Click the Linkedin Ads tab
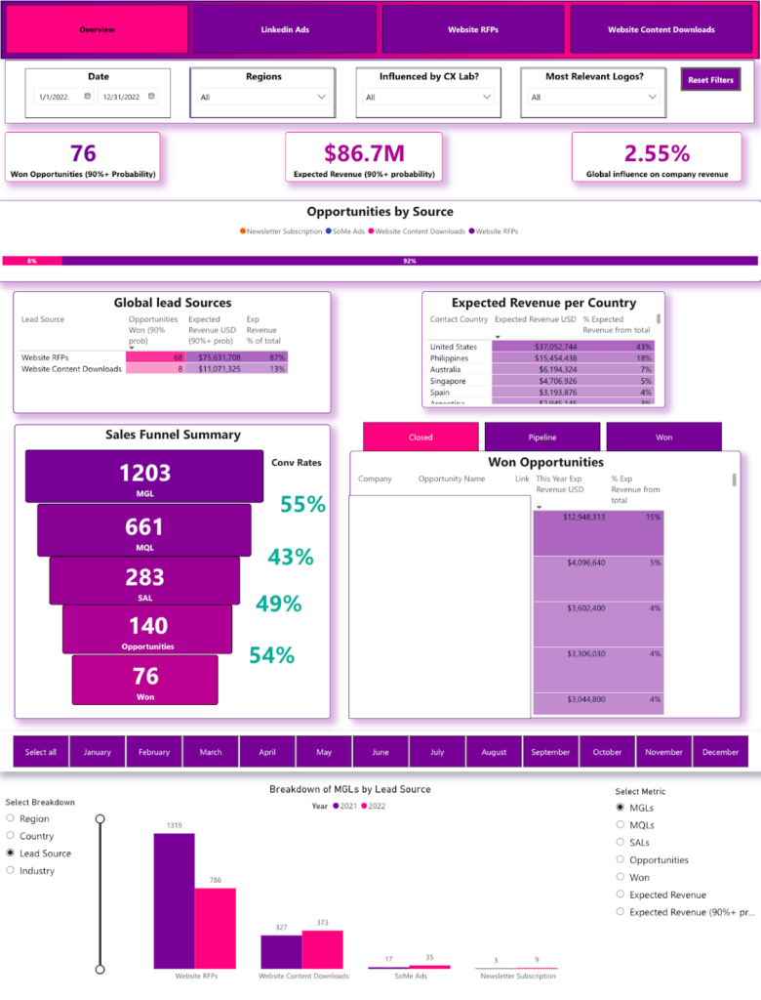pos(285,29)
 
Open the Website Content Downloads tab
pos(661,29)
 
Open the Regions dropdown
pos(264,97)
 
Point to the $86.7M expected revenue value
pos(363,152)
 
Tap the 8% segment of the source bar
pos(32,261)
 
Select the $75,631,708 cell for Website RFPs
pos(214,357)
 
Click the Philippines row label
pos(450,359)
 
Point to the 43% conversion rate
pos(290,557)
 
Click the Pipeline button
pos(541,437)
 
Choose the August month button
pos(494,752)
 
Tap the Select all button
pos(41,752)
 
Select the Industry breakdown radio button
pos(10,870)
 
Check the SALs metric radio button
pos(621,842)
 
